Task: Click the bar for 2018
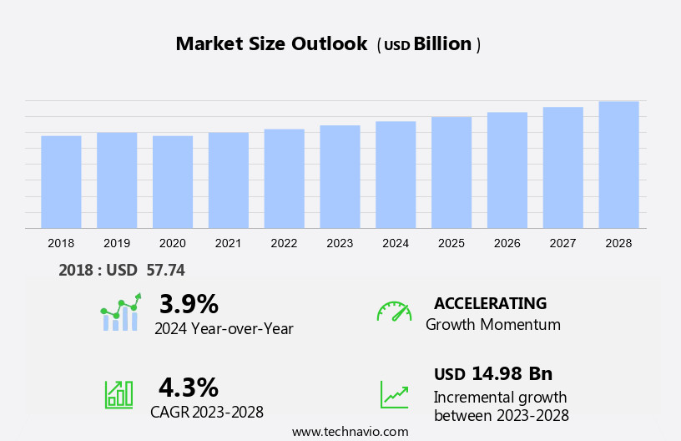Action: (x=61, y=182)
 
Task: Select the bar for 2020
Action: (x=173, y=182)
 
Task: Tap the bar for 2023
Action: (x=340, y=177)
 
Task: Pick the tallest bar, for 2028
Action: (x=618, y=165)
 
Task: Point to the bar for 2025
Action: (x=451, y=172)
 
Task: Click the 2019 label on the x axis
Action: (x=117, y=243)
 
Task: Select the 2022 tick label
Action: (x=284, y=243)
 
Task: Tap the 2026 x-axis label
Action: (x=507, y=243)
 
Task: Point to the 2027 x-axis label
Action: (x=562, y=243)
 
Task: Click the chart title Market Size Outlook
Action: (x=271, y=44)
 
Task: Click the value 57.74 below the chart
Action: (x=164, y=270)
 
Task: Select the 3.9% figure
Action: (x=189, y=303)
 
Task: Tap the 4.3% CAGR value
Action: (x=189, y=387)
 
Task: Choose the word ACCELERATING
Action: (x=490, y=303)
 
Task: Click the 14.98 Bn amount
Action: (x=512, y=373)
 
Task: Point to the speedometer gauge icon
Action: (x=394, y=312)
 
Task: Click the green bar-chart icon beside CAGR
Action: (x=119, y=394)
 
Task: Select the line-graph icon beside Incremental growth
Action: (x=394, y=394)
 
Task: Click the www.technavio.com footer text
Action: (x=351, y=432)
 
